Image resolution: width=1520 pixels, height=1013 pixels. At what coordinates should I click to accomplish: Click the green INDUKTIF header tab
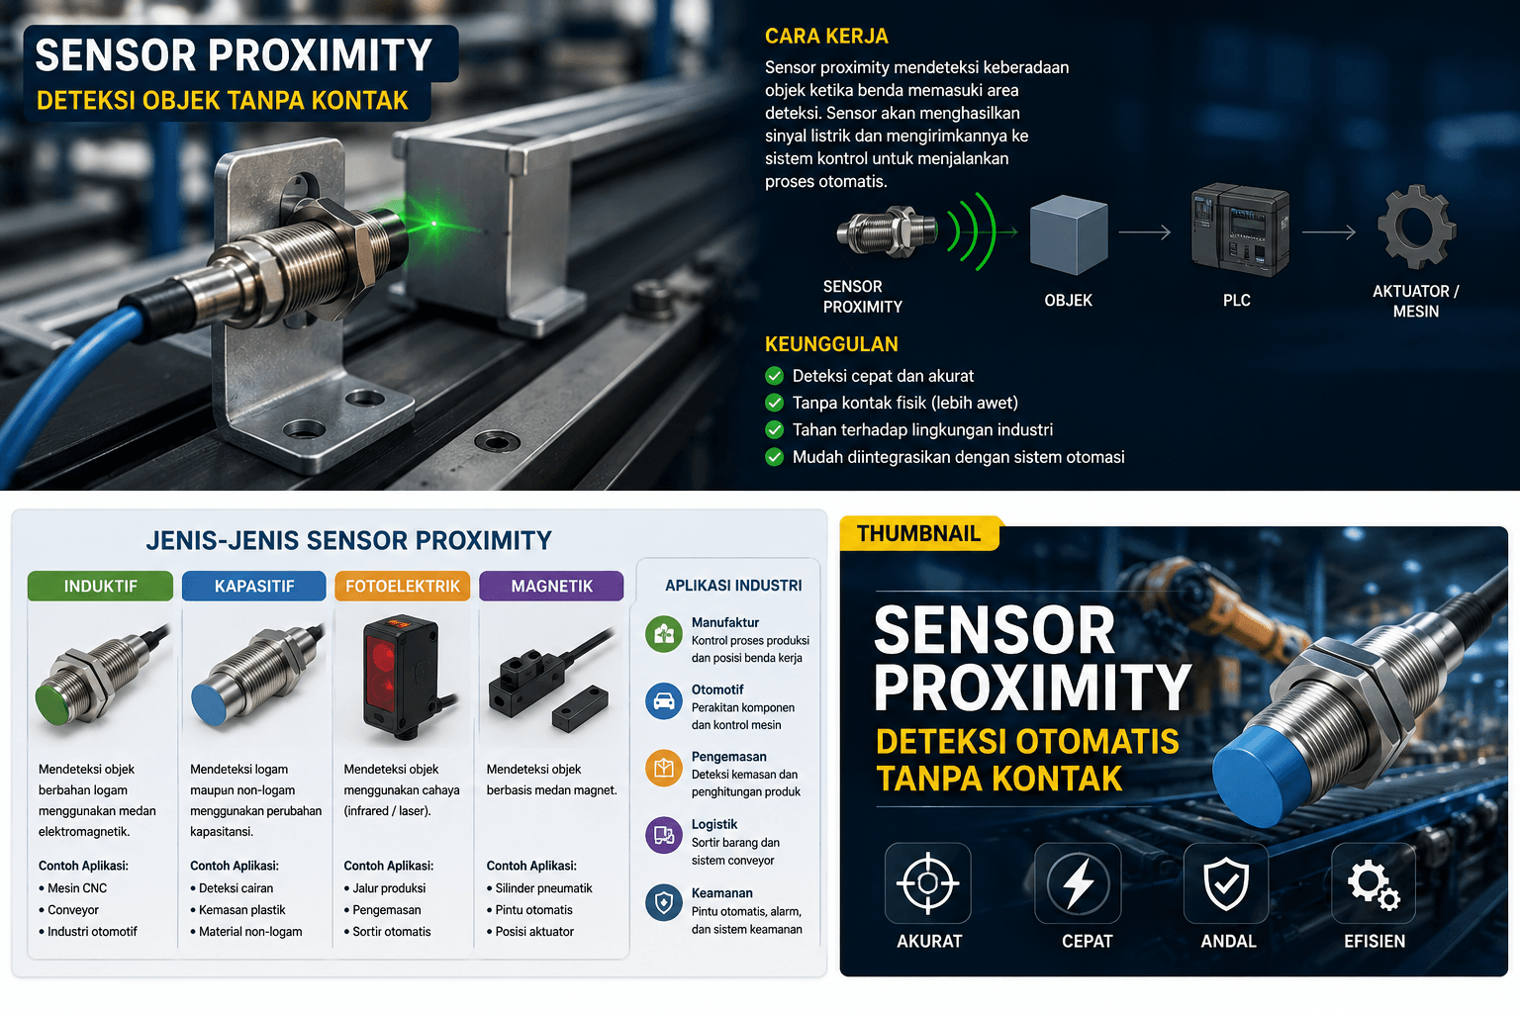(x=100, y=586)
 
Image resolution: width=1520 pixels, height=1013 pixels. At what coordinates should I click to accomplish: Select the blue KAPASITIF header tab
(x=253, y=586)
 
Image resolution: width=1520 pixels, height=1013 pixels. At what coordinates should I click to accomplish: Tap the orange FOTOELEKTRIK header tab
(x=403, y=586)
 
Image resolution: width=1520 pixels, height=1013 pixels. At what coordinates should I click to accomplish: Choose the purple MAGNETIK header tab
(x=551, y=586)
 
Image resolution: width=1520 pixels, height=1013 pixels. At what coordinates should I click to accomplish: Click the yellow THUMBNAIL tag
(x=918, y=533)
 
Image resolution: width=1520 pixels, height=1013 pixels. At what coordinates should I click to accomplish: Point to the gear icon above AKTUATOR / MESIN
(x=1416, y=228)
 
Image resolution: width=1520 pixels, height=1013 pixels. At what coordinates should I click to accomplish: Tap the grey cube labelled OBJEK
(x=1069, y=234)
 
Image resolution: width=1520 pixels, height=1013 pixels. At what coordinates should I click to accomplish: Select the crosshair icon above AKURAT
(x=927, y=882)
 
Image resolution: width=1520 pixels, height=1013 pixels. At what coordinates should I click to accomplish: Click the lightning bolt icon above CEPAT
(x=1079, y=882)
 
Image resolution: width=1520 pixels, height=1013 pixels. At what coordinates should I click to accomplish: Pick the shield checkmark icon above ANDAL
(x=1226, y=882)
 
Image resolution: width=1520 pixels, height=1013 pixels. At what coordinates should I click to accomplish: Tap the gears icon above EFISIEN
(x=1374, y=884)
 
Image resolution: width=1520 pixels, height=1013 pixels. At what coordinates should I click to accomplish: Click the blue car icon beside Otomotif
(x=664, y=701)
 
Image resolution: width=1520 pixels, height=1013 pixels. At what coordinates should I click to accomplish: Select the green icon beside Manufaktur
(x=664, y=634)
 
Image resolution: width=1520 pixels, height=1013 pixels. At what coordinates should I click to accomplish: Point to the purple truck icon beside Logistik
(x=664, y=835)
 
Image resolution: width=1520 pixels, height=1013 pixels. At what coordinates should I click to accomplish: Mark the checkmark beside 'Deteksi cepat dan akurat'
(x=774, y=376)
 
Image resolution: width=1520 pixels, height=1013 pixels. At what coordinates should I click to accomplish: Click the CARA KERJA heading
(x=826, y=36)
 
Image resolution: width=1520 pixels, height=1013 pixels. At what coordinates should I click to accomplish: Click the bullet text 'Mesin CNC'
(x=77, y=888)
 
